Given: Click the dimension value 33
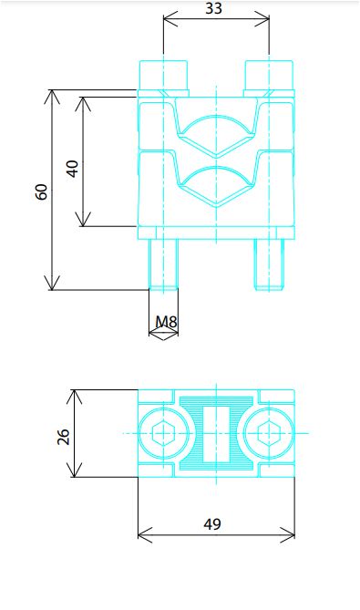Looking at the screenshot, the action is [213, 8].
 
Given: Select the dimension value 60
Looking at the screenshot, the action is [42, 191].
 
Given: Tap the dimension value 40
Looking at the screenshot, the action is [72, 169].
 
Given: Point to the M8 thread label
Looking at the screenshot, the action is [166, 322].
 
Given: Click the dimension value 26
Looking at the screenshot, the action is [63, 437].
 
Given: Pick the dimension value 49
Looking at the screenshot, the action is [212, 524].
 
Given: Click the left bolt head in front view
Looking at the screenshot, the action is [164, 76].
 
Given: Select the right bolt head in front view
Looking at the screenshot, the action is [269, 76].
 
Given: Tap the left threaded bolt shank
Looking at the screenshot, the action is [164, 264].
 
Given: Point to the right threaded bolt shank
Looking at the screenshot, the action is [269, 264].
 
